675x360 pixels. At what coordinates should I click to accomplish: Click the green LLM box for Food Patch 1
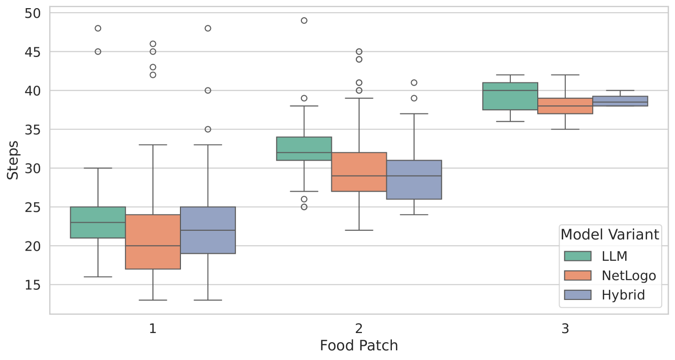click(98, 222)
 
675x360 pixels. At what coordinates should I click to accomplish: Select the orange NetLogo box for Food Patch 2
click(359, 172)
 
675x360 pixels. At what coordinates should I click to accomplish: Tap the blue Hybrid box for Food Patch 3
click(620, 101)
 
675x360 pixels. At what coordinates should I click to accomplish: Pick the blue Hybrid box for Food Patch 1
click(208, 230)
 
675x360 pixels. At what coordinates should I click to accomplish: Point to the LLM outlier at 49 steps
click(304, 20)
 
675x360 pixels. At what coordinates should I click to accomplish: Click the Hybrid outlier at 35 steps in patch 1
click(208, 129)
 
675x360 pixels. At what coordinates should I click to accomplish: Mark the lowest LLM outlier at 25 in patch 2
click(304, 207)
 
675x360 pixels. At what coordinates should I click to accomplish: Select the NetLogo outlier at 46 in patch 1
click(153, 44)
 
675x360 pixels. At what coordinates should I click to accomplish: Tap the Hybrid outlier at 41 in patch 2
click(414, 82)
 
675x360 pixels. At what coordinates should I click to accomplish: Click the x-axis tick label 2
click(359, 328)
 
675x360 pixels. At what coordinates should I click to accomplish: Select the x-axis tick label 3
click(565, 328)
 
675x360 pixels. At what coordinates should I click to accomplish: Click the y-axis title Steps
click(13, 160)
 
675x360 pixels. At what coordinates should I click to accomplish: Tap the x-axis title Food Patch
click(359, 346)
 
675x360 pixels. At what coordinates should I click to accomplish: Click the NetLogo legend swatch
click(577, 275)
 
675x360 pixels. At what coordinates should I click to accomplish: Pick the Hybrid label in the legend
click(623, 295)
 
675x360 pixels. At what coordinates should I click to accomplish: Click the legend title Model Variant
click(610, 234)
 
